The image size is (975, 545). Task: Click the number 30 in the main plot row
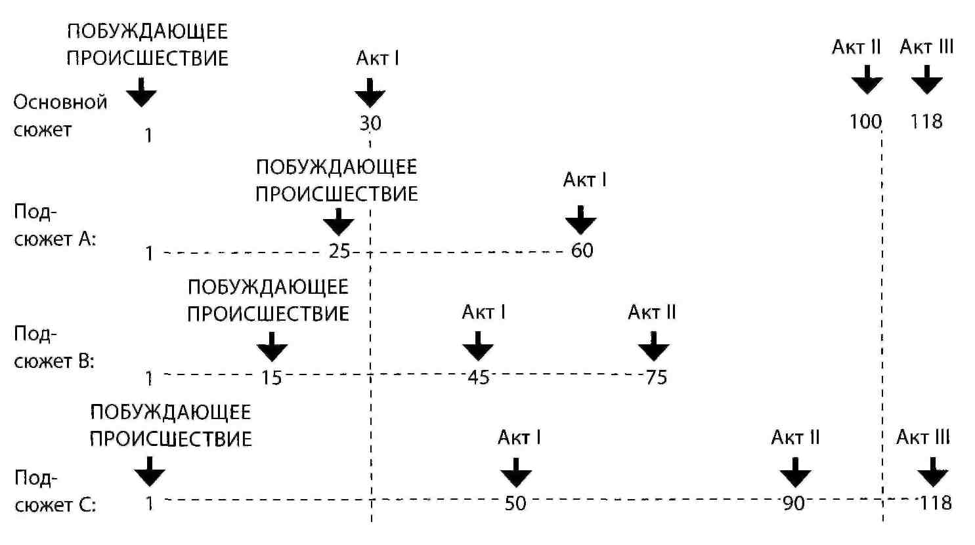coord(370,123)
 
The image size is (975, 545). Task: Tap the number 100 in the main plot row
coord(865,122)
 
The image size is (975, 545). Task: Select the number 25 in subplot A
coord(339,251)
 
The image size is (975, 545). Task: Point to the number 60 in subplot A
coord(582,251)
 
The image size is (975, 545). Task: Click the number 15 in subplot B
coord(272,377)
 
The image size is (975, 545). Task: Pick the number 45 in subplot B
coord(479,377)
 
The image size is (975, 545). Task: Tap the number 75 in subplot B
coord(657,377)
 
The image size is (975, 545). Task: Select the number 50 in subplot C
coord(515,503)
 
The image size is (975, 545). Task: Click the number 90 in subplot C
coord(794,503)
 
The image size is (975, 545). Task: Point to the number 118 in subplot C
coord(936,503)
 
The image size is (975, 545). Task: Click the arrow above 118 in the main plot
coord(926,79)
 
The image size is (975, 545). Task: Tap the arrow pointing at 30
coord(370,92)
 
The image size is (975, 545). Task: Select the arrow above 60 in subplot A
coord(580,220)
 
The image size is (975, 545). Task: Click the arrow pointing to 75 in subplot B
coord(653,346)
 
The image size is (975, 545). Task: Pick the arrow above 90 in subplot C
coord(795,472)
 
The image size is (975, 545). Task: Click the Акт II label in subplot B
coord(651,312)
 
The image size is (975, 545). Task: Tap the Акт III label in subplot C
coord(922,437)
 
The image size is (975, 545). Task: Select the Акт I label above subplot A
coord(584,180)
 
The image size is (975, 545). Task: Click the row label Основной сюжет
coord(60,115)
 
